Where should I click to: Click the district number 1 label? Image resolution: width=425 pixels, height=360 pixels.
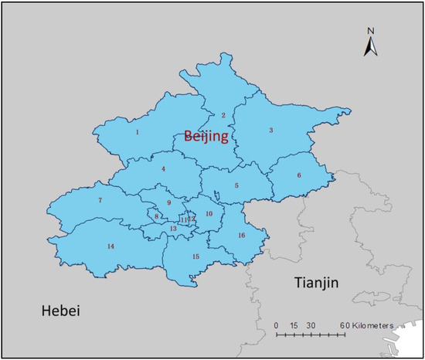pos(138,132)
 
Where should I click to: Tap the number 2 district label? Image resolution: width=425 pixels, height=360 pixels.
pos(223,115)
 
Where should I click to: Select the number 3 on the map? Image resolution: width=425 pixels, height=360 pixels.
pos(270,131)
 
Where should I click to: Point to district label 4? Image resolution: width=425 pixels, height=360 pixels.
pos(164,168)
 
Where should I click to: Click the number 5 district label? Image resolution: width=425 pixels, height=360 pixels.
pos(236,185)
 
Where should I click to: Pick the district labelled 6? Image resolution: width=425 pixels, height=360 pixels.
pos(299,175)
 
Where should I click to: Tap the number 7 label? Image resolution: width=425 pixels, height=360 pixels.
pos(100,201)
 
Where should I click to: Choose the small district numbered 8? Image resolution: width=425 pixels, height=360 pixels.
pos(156,217)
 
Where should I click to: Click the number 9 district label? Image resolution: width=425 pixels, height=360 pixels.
pos(168,203)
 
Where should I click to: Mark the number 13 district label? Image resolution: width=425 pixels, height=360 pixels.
pos(174,229)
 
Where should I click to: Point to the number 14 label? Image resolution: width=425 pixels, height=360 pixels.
pos(111,246)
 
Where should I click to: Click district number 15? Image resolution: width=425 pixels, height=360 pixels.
pos(195,256)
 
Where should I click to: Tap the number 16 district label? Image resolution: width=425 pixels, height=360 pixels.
pos(241,235)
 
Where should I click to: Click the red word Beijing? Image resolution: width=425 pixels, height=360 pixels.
pos(206,137)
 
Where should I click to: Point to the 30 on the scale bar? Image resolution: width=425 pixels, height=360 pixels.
pos(309,324)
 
